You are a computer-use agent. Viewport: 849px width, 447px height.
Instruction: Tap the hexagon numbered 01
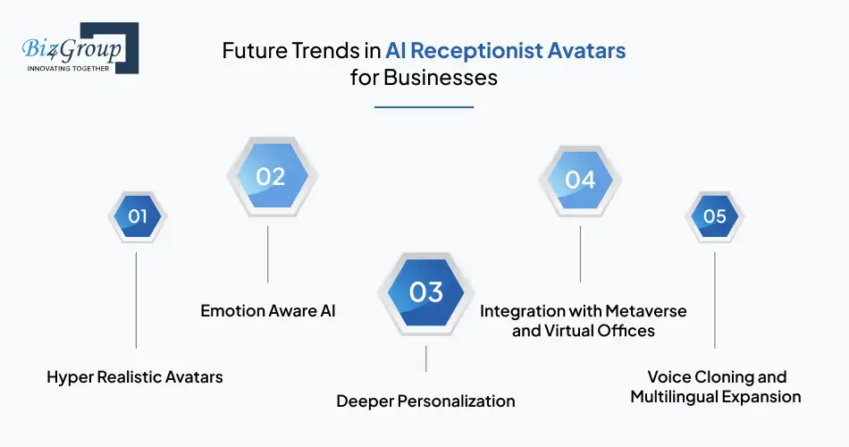point(137,216)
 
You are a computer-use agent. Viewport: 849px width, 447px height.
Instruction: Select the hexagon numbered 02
point(269,176)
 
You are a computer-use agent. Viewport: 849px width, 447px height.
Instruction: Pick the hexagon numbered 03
point(425,292)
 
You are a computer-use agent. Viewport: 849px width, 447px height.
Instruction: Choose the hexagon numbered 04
point(580,180)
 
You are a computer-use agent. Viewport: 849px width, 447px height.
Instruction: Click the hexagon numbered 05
point(714,216)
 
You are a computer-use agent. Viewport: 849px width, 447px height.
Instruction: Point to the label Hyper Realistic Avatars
point(135,377)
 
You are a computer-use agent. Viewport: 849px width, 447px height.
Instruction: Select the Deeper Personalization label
point(425,401)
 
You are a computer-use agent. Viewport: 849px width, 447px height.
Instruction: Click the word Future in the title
point(252,51)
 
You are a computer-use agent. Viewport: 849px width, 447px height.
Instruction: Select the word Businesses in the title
point(440,78)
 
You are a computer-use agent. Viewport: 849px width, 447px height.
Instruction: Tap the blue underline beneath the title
point(424,107)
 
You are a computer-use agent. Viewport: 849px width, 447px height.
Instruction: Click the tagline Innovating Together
point(68,68)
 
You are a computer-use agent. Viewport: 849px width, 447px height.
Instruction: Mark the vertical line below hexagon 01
point(137,299)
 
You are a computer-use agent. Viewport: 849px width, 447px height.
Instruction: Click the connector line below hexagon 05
point(714,299)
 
